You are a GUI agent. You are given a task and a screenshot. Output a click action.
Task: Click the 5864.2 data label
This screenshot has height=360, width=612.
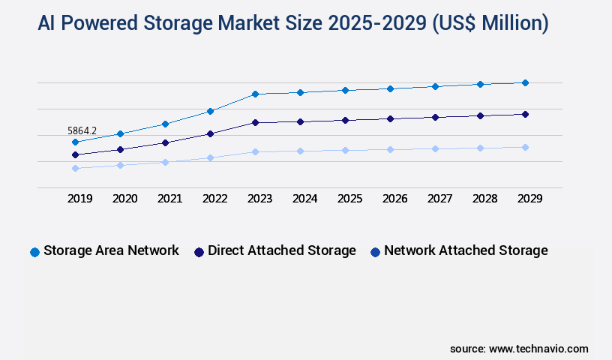pyautogui.click(x=82, y=130)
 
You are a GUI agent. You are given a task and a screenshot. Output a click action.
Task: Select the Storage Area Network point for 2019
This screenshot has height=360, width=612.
pyautogui.click(x=75, y=142)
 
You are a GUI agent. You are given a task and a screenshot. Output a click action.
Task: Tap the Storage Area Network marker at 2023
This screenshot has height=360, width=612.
pyautogui.click(x=255, y=94)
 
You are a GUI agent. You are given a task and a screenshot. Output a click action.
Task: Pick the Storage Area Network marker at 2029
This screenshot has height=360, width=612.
pyautogui.click(x=525, y=82)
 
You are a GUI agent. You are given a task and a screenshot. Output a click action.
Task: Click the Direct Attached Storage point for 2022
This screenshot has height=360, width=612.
pyautogui.click(x=210, y=133)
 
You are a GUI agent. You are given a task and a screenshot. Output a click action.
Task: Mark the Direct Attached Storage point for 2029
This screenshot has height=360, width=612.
pyautogui.click(x=525, y=114)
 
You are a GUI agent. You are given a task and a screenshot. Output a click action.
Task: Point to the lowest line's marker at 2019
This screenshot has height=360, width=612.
pyautogui.click(x=75, y=168)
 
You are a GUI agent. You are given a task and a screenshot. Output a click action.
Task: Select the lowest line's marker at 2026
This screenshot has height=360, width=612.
pyautogui.click(x=390, y=149)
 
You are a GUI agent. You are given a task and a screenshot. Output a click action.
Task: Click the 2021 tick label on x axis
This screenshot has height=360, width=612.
pyautogui.click(x=169, y=199)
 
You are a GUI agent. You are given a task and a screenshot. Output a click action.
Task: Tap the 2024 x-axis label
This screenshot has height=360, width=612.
pyautogui.click(x=304, y=199)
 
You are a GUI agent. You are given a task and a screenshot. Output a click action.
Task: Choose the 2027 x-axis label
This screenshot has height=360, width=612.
pyautogui.click(x=439, y=199)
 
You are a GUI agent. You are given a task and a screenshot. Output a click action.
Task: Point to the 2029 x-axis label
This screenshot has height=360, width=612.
pyautogui.click(x=529, y=199)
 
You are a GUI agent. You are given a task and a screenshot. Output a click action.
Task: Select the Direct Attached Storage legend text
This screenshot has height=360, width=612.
pyautogui.click(x=282, y=250)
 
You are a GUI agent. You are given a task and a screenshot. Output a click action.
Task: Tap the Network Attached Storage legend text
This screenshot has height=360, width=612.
pyautogui.click(x=466, y=250)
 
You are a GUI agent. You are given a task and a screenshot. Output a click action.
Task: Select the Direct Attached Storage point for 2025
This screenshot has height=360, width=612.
pyautogui.click(x=345, y=120)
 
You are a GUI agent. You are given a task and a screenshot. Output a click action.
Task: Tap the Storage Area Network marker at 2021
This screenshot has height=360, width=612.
pyautogui.click(x=165, y=124)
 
